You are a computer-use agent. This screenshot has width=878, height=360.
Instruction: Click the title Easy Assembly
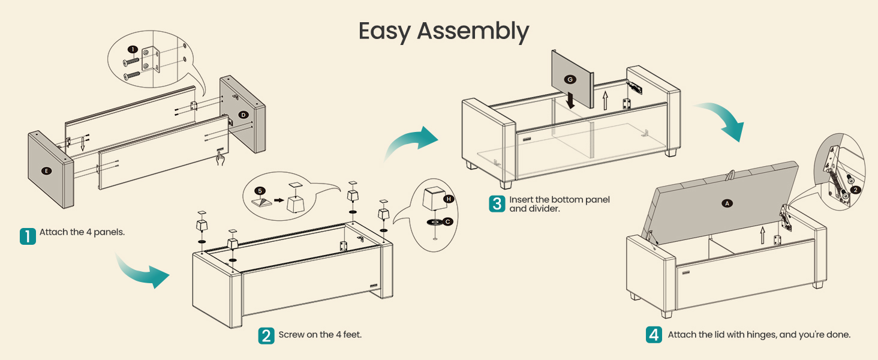pos(444,31)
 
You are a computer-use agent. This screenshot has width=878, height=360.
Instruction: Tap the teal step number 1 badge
pos(28,236)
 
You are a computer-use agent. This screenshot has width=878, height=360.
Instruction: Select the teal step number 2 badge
pos(266,335)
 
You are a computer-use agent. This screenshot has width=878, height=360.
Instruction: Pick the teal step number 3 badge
pos(497,204)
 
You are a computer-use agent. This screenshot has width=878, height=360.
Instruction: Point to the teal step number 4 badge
pos(654,335)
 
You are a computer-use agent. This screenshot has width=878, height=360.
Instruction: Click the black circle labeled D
pos(243,115)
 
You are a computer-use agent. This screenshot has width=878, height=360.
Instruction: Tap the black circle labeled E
pos(46,171)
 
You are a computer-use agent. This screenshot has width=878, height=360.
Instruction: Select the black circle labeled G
pos(570,80)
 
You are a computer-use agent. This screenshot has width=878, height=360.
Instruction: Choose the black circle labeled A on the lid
pos(727,203)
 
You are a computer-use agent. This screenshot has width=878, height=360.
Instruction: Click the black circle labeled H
pos(449,199)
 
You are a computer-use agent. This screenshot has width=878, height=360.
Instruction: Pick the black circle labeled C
pos(447,222)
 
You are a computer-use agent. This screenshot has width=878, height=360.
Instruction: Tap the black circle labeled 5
pos(260,191)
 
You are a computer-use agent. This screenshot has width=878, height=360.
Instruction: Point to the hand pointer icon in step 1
pos(221,159)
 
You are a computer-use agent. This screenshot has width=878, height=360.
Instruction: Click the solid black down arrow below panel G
pos(570,100)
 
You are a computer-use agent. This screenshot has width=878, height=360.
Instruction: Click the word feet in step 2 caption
pos(352,335)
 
